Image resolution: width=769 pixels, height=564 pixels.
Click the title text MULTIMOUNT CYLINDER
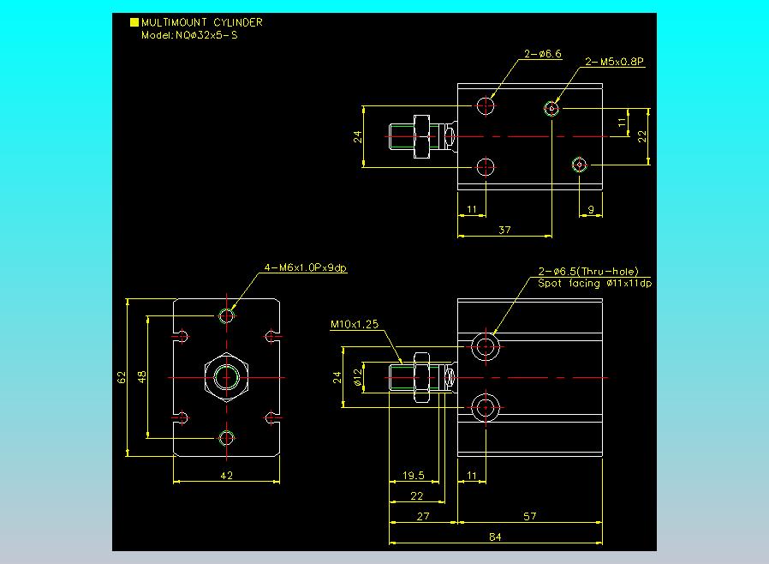click(x=201, y=22)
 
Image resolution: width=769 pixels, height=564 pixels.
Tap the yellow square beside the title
click(x=134, y=22)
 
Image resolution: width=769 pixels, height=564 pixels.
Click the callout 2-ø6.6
click(x=542, y=54)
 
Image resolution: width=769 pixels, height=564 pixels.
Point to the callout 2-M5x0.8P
click(x=615, y=62)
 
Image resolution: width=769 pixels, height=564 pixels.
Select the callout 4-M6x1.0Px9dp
click(x=305, y=268)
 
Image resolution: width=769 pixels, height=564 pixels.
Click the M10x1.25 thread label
click(x=355, y=324)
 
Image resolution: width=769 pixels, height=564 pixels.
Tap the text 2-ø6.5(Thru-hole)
click(x=588, y=272)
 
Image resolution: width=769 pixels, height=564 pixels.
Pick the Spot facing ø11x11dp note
click(x=595, y=283)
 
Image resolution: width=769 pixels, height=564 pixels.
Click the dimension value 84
click(x=495, y=537)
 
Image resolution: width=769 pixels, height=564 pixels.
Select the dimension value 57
click(x=530, y=516)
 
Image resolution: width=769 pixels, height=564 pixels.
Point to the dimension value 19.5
click(x=414, y=475)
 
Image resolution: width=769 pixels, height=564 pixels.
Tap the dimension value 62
click(x=122, y=377)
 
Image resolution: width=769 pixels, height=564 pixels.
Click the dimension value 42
click(x=227, y=475)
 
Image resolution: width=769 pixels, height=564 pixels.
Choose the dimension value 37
click(x=504, y=230)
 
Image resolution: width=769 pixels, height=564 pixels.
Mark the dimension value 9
click(x=591, y=210)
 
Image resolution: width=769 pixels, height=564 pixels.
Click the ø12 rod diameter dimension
click(x=358, y=377)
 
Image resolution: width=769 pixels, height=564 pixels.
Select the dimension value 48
click(x=142, y=377)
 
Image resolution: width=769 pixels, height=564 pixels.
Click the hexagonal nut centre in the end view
click(x=226, y=377)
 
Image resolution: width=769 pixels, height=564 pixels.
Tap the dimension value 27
click(x=423, y=516)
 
